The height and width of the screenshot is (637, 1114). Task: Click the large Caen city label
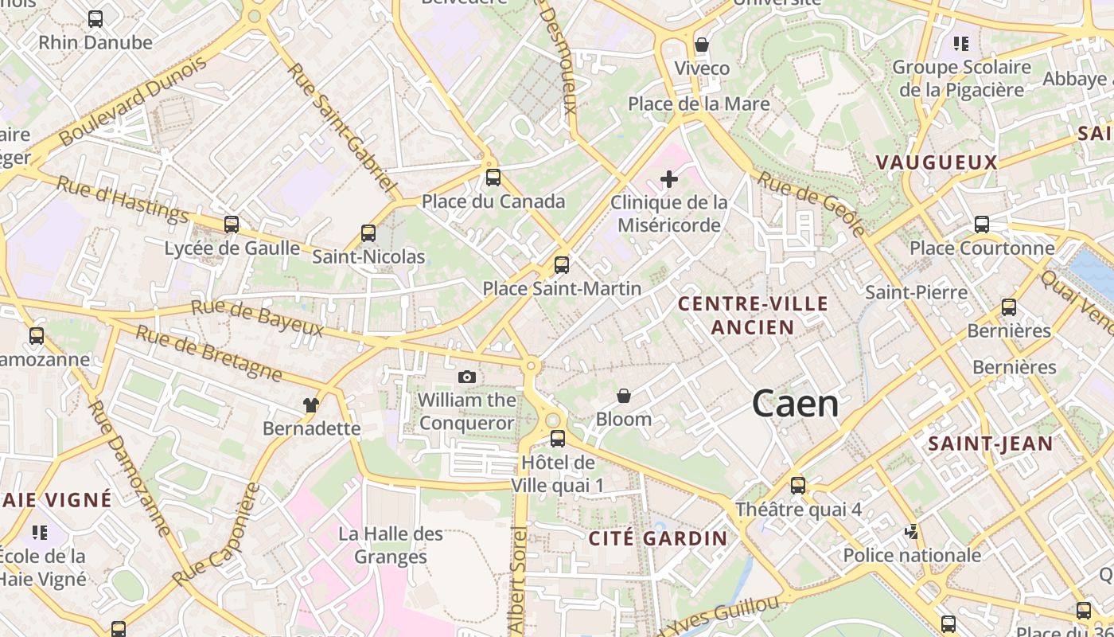[x=795, y=404]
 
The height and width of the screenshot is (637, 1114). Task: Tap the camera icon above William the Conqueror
[x=467, y=377]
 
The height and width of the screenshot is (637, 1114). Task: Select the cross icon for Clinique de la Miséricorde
[x=669, y=179]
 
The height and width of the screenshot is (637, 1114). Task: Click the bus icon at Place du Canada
[x=493, y=178]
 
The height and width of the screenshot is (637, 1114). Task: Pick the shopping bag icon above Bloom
[x=624, y=396]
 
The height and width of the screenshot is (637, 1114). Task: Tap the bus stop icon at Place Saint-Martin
[x=562, y=264]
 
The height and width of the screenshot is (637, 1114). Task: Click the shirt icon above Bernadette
[x=311, y=405]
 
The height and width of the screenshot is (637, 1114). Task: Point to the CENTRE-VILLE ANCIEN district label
[x=753, y=315]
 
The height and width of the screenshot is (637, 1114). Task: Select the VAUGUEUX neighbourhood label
[x=937, y=162]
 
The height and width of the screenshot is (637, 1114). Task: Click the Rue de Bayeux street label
[x=257, y=318]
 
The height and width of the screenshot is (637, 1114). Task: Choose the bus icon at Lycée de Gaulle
[x=232, y=225]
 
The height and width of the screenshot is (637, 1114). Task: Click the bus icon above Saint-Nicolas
[x=368, y=233]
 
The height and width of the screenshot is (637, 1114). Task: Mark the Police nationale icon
[x=912, y=531]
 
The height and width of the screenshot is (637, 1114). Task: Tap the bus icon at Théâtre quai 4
[x=798, y=485]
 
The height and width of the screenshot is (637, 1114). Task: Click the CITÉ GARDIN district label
[x=658, y=538]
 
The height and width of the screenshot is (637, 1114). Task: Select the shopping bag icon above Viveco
[x=702, y=45]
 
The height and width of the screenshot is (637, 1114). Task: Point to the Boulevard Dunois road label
[x=132, y=100]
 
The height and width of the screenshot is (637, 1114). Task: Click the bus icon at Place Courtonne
[x=982, y=225]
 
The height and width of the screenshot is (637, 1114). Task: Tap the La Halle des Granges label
[x=391, y=545]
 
